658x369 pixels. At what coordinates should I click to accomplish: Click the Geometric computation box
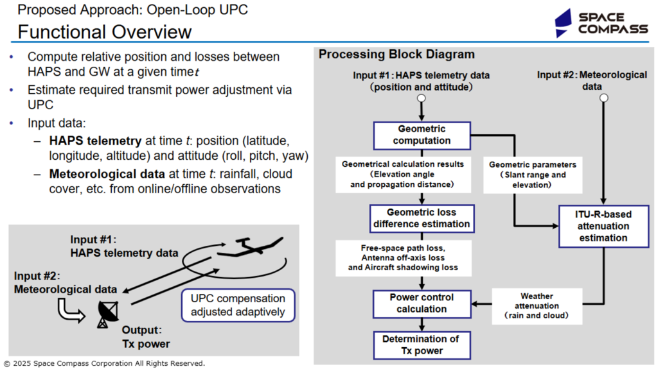coord(422,135)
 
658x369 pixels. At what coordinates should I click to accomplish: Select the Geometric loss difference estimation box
coord(422,218)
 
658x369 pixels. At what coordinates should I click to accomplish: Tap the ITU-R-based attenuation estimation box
coord(603,227)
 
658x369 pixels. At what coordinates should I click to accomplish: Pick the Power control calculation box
coord(422,304)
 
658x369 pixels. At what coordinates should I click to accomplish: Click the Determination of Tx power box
coord(422,345)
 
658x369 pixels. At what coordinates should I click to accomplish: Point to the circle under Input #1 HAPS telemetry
coord(422,98)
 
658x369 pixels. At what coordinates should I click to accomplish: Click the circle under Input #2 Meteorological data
coord(603,98)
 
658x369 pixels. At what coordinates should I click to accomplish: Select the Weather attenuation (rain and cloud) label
coord(537,306)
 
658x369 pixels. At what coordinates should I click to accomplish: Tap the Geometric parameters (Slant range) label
coord(533,175)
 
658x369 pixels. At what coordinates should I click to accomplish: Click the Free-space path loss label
coord(404,258)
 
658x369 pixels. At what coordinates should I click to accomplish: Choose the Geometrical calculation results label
coord(403,175)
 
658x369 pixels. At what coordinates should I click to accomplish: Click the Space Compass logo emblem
coord(563,24)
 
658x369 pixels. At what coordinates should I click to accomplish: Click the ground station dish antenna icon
coord(107,314)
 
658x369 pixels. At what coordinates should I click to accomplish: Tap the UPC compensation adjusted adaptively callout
coord(238,305)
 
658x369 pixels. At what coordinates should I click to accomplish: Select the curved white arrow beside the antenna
coord(71,311)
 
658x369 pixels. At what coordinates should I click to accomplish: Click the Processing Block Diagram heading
coord(396,54)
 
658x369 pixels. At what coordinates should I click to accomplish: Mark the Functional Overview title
coord(105,32)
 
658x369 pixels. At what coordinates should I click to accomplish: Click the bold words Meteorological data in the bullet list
coord(107,174)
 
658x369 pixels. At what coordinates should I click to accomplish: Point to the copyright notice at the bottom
coord(105,364)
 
